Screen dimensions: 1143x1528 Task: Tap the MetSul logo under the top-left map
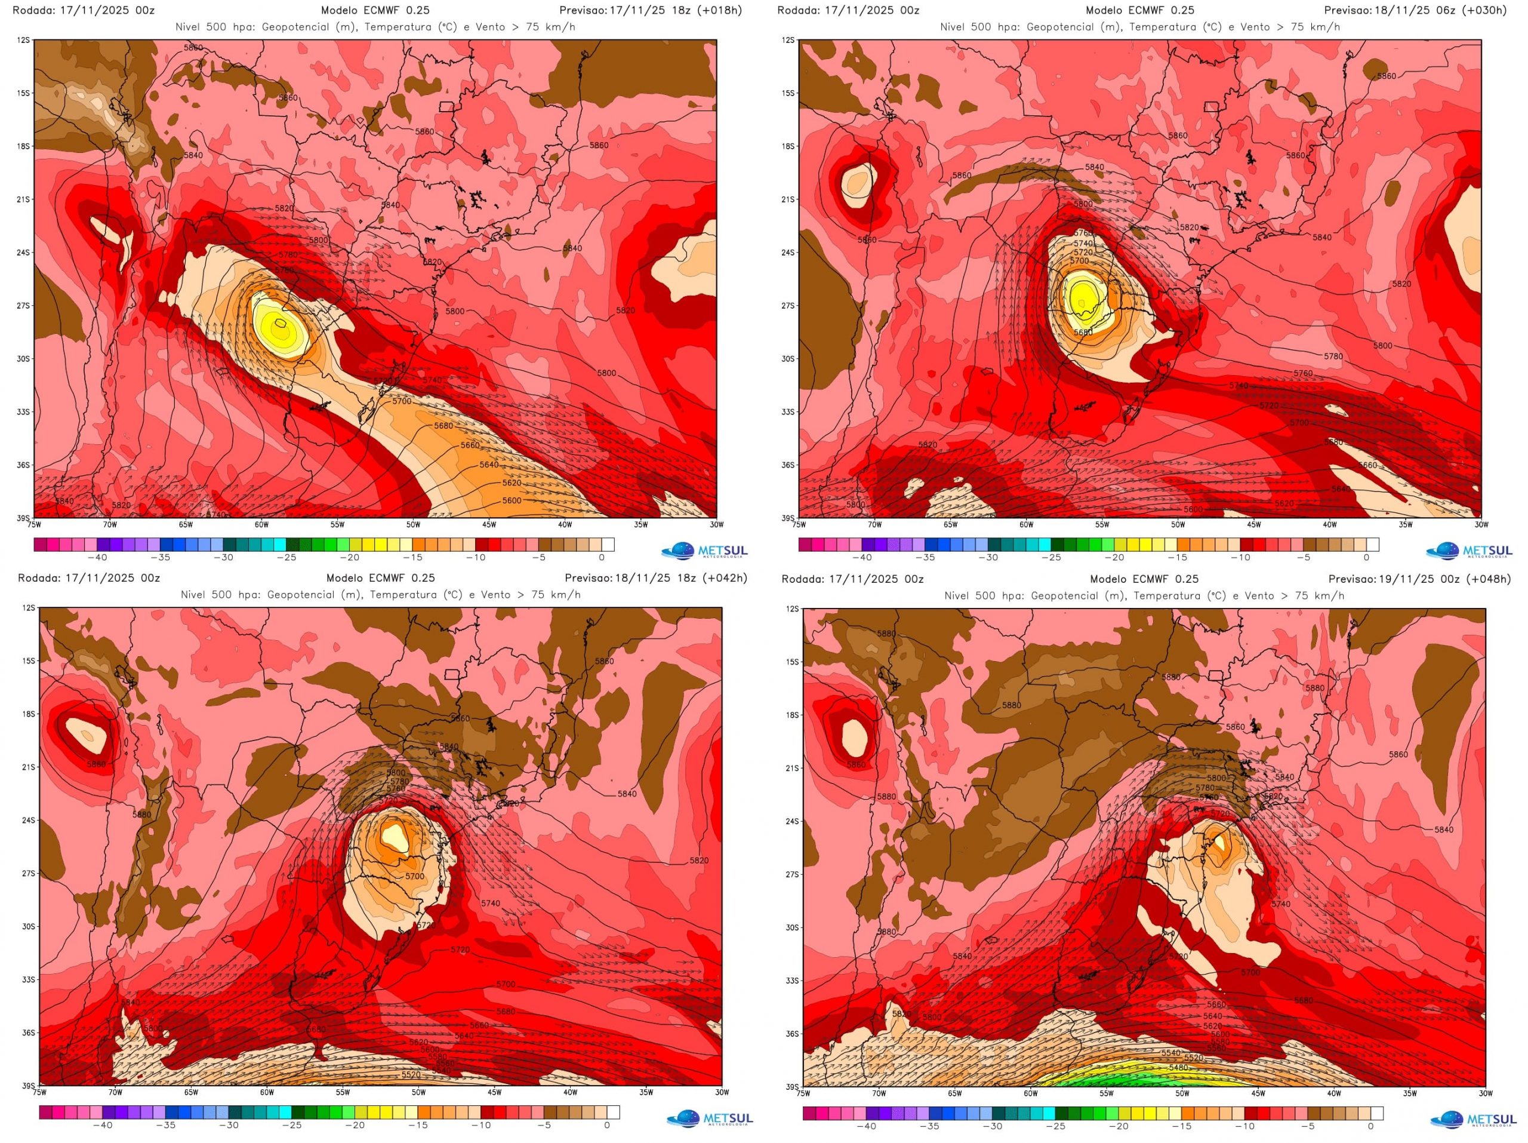(703, 551)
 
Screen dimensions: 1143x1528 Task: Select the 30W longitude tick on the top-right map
(1480, 524)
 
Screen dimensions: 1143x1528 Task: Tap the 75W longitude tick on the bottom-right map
(803, 1093)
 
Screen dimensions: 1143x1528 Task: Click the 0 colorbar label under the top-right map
(1366, 557)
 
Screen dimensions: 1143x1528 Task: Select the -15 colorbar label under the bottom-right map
(1184, 1126)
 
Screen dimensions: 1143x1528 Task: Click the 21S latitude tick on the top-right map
(788, 199)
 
